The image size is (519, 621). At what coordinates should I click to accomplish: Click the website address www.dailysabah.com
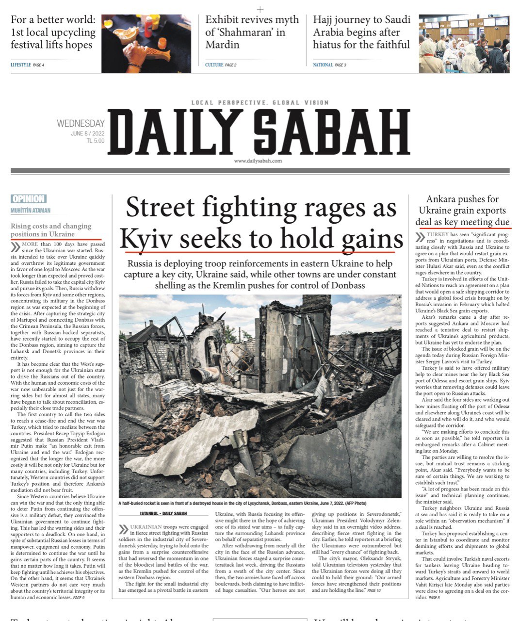point(258,161)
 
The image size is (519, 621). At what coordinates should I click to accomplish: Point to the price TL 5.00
point(96,141)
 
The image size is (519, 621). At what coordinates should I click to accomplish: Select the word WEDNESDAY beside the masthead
point(81,123)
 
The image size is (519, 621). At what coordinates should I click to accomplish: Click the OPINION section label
point(29,199)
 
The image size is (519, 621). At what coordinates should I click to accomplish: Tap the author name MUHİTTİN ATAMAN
point(31,211)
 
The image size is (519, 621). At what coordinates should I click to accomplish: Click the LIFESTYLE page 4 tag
point(27,65)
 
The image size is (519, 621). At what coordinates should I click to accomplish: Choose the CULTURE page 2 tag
point(220,65)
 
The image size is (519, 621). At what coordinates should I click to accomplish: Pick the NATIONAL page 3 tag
point(329,65)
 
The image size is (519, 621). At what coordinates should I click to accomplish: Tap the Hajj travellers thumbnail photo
point(464,43)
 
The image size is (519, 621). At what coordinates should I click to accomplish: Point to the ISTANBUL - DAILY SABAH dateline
point(163,513)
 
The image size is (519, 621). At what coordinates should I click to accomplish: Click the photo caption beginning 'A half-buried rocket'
point(242,504)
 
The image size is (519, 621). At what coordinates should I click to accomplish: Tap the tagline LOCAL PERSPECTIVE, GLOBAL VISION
point(260,103)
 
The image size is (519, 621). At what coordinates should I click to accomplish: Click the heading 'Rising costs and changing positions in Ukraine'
point(51,230)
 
